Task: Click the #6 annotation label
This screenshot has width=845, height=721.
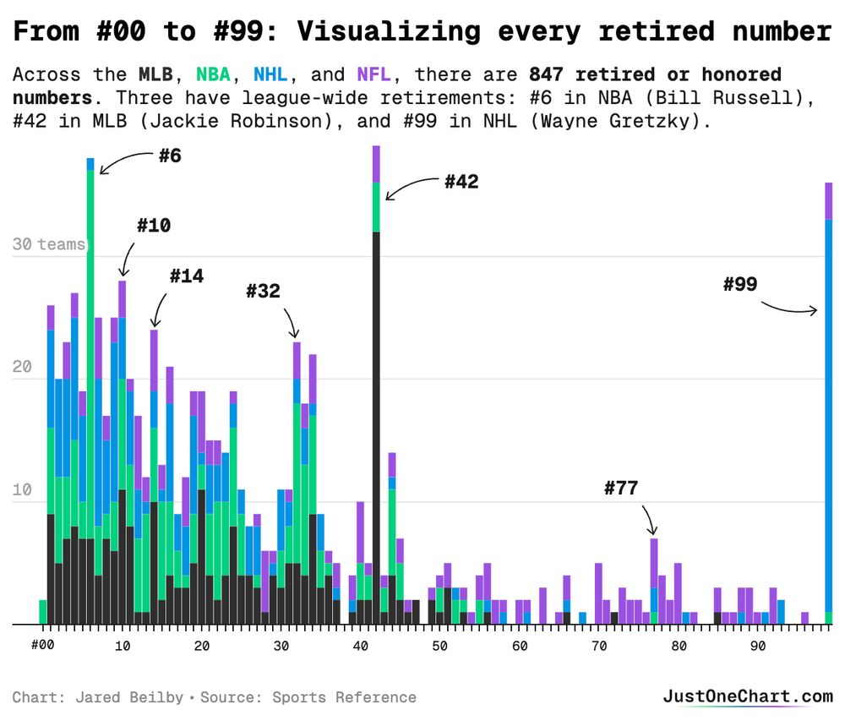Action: click(x=170, y=156)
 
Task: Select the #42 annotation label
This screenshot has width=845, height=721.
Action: click(x=461, y=182)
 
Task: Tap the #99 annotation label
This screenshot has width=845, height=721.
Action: click(x=740, y=284)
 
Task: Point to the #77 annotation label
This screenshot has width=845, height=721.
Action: click(x=621, y=488)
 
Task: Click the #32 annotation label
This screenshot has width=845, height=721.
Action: click(x=263, y=292)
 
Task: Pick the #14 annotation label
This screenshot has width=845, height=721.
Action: click(x=186, y=276)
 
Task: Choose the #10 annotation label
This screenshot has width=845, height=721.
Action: click(x=153, y=226)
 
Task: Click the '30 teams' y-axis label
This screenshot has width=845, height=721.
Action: click(x=49, y=244)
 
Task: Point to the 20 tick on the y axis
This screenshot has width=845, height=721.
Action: click(x=22, y=368)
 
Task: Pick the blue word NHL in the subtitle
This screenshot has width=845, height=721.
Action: click(x=270, y=75)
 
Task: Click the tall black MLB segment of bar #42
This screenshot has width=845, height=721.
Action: click(x=376, y=423)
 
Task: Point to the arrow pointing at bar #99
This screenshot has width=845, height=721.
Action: click(x=790, y=309)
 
